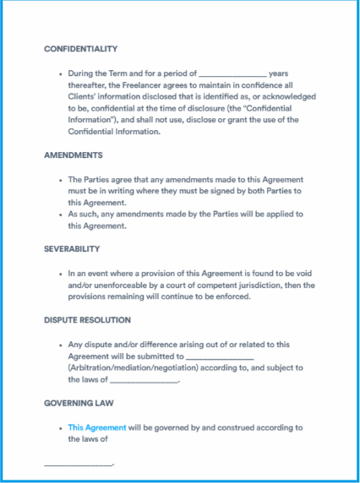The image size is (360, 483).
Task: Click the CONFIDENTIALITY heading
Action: pyautogui.click(x=80, y=49)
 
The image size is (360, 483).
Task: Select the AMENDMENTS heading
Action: pyautogui.click(x=74, y=155)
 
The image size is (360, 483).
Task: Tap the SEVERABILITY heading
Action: pyautogui.click(x=72, y=249)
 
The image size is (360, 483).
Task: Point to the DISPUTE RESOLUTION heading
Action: pyautogui.click(x=87, y=320)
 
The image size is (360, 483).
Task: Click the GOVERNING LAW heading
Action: pyautogui.click(x=79, y=403)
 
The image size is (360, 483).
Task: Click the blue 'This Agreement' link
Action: pyautogui.click(x=97, y=427)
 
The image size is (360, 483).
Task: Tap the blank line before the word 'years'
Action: pyautogui.click(x=233, y=74)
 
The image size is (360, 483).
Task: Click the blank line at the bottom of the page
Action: pyautogui.click(x=78, y=464)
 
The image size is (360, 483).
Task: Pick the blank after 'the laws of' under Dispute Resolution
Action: pyautogui.click(x=144, y=380)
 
